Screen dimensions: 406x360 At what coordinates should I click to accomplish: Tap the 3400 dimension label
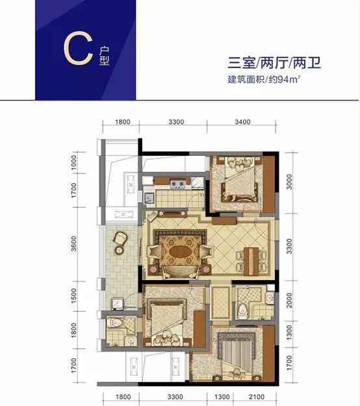(242, 121)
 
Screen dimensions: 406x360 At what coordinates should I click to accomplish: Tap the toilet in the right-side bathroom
(244, 308)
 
